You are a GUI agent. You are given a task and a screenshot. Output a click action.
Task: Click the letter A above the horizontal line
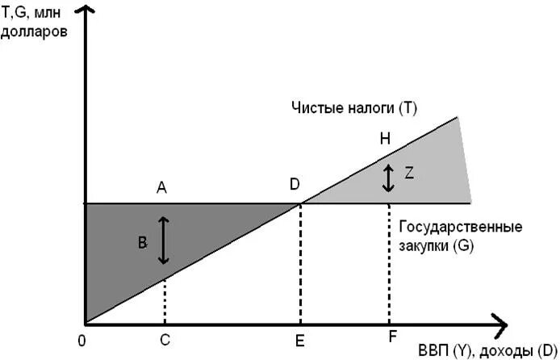[x=161, y=187]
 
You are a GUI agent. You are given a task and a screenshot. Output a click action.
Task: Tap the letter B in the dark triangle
[x=143, y=242]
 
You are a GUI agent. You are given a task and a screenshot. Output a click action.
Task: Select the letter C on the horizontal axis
[x=165, y=340]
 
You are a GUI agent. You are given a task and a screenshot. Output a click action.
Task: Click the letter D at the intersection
[x=295, y=185]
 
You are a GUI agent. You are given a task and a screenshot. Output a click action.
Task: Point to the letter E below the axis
[x=299, y=341]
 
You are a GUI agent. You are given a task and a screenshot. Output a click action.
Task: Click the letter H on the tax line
[x=385, y=139]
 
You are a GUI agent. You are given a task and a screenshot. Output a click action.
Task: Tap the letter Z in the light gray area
[x=409, y=174]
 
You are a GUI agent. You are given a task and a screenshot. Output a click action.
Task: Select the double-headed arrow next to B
[x=164, y=241]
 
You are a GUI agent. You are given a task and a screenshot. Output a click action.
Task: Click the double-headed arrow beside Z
[x=388, y=178]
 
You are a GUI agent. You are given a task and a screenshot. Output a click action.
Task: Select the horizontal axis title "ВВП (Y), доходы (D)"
[x=487, y=350]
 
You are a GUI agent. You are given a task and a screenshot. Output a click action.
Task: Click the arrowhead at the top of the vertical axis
[x=85, y=11]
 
